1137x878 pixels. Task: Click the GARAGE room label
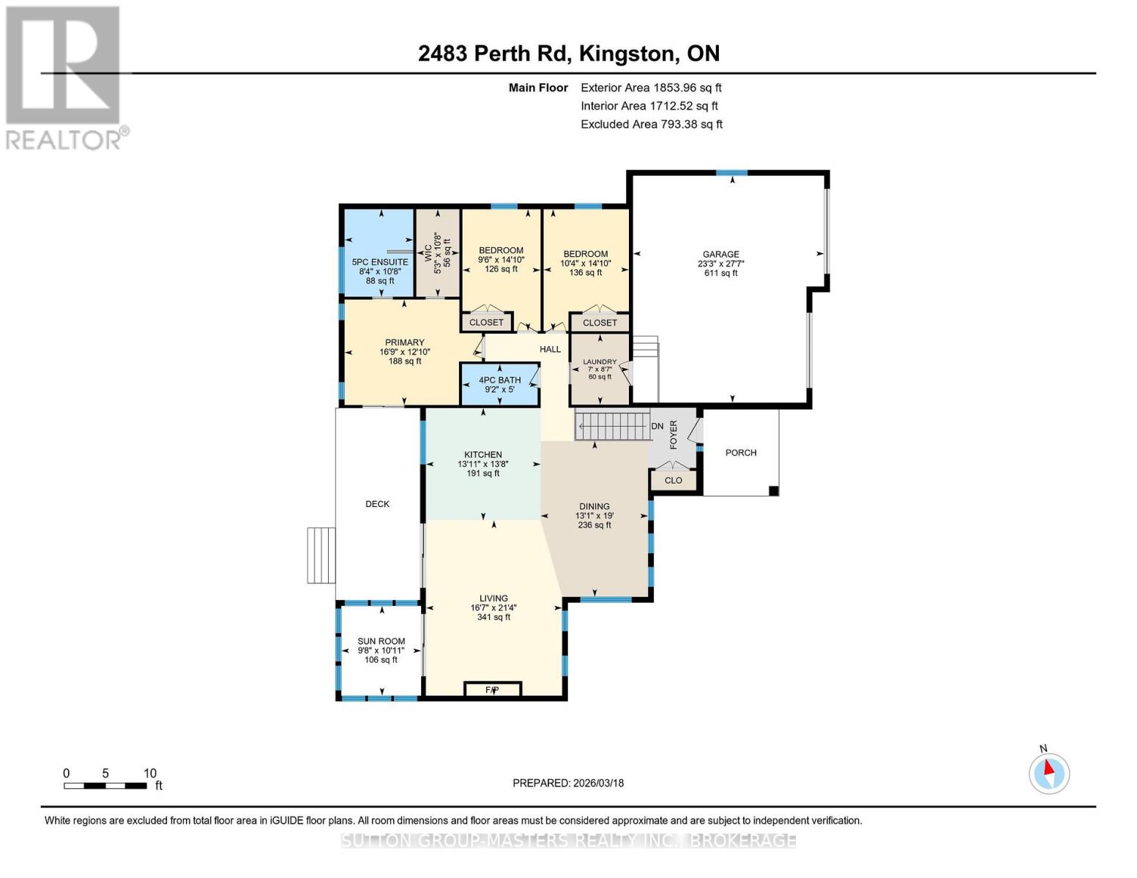click(720, 254)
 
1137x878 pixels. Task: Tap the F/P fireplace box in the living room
click(493, 689)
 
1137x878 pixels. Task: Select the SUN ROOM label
click(381, 641)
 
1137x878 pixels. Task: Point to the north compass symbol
click(1048, 773)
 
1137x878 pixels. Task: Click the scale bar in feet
click(105, 785)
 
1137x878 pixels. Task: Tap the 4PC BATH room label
click(500, 380)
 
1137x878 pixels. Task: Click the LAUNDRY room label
click(600, 361)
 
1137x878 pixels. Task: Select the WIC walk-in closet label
click(428, 253)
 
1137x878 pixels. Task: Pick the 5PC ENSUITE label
click(380, 262)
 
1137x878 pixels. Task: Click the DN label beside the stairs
click(657, 426)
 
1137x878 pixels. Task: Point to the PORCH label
click(741, 452)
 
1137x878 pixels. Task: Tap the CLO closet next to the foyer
click(674, 480)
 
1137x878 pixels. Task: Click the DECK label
click(377, 503)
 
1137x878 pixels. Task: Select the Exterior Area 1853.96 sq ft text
click(651, 88)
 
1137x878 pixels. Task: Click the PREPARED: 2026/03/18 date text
click(568, 783)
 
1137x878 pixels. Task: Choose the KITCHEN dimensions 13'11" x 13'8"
click(483, 464)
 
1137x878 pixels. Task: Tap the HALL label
click(550, 349)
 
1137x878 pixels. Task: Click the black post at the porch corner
click(773, 490)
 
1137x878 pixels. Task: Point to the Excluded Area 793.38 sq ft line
click(652, 124)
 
